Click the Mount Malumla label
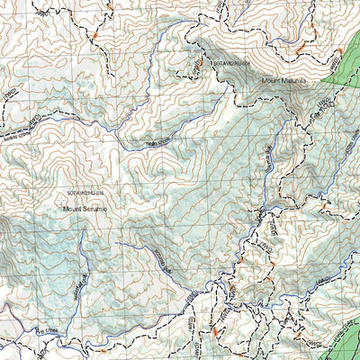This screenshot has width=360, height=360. (x=283, y=80)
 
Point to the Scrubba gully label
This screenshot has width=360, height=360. (x=162, y=261)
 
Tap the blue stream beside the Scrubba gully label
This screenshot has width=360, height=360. (x=153, y=252)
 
